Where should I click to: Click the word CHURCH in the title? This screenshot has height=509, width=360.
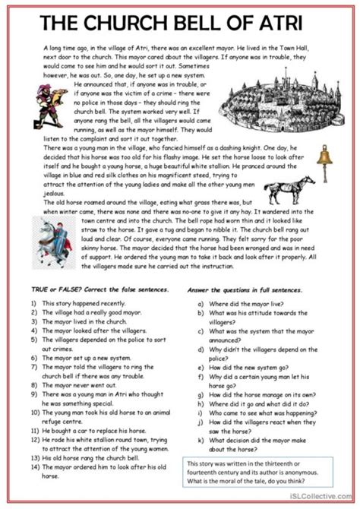134,21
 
